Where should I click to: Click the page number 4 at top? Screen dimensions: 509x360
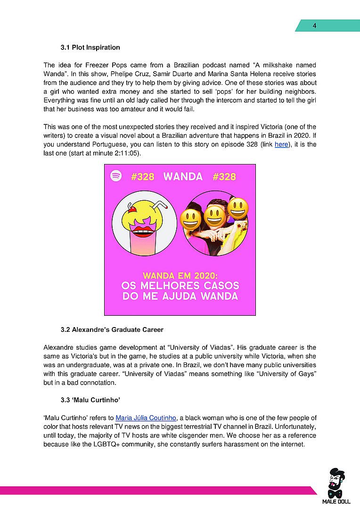pyautogui.click(x=314, y=26)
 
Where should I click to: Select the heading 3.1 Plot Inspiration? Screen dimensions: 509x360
pyautogui.click(x=90, y=48)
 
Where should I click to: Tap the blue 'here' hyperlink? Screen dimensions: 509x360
pyautogui.click(x=281, y=145)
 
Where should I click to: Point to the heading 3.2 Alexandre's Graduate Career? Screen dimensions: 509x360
pyautogui.click(x=112, y=329)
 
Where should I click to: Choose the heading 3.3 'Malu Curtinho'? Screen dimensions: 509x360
pyautogui.click(x=90, y=400)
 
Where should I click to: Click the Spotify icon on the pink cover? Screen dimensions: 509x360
pyautogui.click(x=116, y=176)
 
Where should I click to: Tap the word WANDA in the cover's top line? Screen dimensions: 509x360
pyautogui.click(x=183, y=177)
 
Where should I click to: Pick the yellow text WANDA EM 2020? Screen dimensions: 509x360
pyautogui.click(x=180, y=275)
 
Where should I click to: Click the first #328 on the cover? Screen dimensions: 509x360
pyautogui.click(x=143, y=177)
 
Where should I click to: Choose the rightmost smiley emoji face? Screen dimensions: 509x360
pyautogui.click(x=238, y=207)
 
